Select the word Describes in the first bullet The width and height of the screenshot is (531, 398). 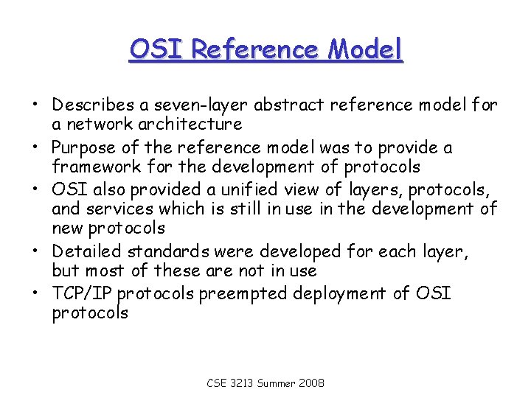pyautogui.click(x=94, y=105)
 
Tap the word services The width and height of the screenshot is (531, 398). pyautogui.click(x=114, y=209)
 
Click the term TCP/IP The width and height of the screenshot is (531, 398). pyautogui.click(x=82, y=294)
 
